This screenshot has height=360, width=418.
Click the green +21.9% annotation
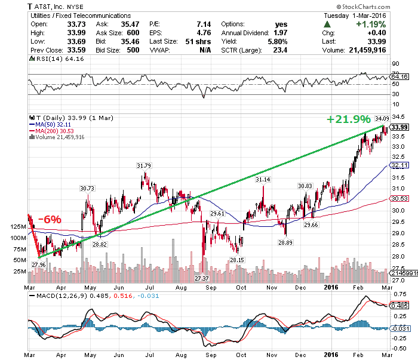click(348, 119)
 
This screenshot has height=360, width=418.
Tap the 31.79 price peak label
click(143, 165)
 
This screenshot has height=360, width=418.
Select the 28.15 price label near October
click(238, 260)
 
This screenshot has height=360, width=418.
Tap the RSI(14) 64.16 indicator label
click(53, 59)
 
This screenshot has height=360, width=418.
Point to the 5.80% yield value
click(276, 41)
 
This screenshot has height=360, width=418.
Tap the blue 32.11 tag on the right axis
click(399, 164)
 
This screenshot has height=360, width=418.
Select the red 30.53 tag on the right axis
click(399, 198)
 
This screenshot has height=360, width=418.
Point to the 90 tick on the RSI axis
click(395, 63)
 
